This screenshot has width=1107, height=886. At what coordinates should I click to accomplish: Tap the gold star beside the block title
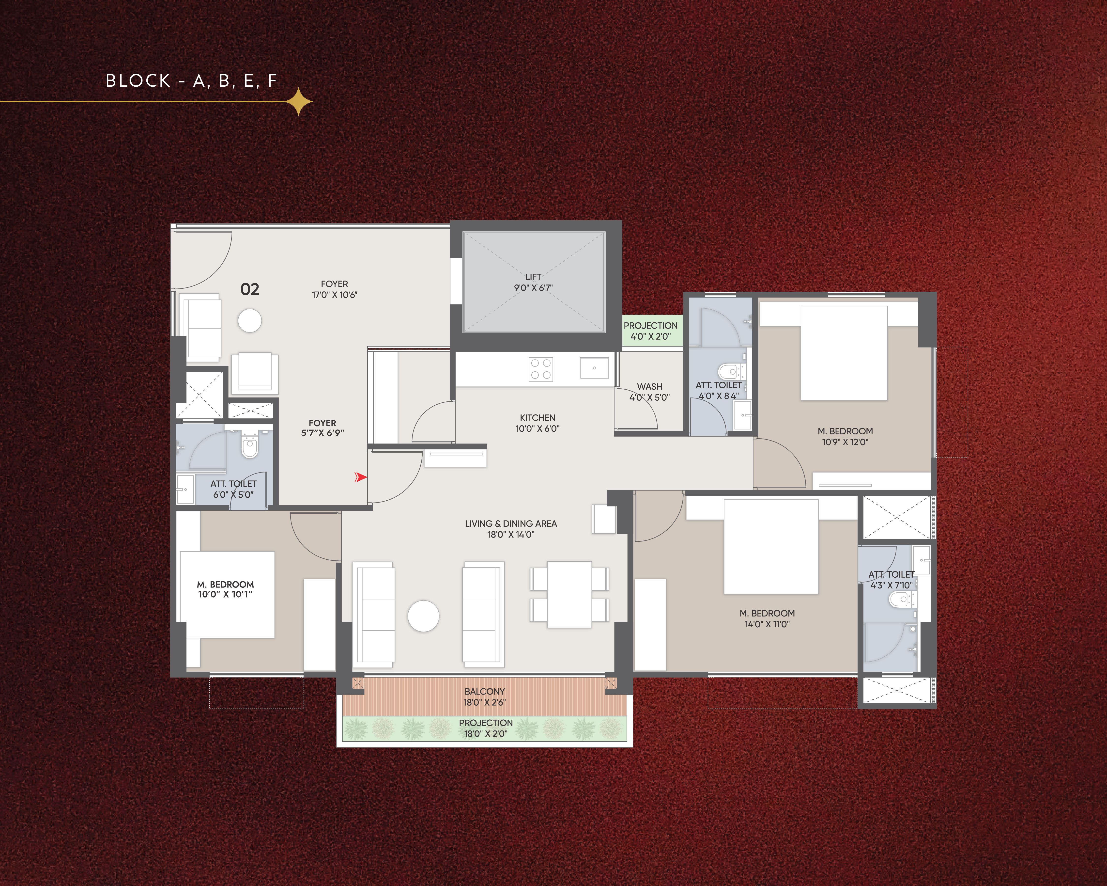pos(299,102)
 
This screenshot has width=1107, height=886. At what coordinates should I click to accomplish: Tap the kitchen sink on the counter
pos(594,368)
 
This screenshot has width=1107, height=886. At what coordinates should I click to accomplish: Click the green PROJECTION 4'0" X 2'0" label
pos(650,331)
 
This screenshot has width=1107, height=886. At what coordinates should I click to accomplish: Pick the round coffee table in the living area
pos(424,616)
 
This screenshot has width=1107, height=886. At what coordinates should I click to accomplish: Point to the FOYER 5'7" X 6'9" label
pos(323,428)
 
